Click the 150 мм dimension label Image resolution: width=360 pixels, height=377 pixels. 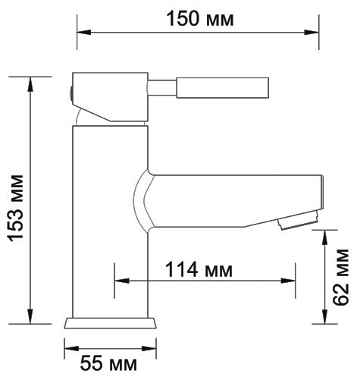pos(200,19)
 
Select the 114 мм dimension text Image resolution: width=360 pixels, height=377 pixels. pos(199,269)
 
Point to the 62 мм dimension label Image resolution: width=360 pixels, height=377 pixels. pos(341,277)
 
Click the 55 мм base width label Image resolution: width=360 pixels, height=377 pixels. pos(108,364)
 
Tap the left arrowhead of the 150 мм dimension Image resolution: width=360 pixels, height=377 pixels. pos(83,33)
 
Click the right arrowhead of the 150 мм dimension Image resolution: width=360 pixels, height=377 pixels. pos(311,33)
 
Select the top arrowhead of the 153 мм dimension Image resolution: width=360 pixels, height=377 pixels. pos(30,84)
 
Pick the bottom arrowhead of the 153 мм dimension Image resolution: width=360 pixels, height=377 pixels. pos(30,316)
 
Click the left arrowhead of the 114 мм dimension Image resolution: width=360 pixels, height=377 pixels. pos(121,281)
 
